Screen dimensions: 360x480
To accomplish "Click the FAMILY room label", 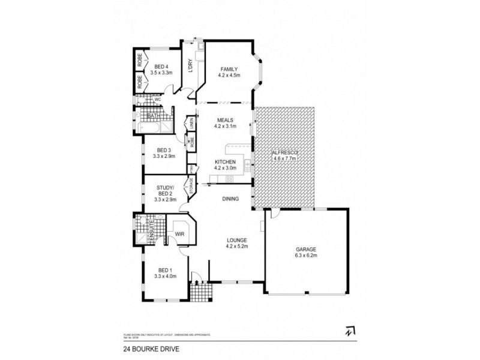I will [229, 68].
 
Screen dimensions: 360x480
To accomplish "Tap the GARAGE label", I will [305, 249].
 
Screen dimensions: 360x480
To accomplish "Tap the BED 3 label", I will [163, 150].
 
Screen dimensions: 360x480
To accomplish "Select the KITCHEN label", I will [226, 162].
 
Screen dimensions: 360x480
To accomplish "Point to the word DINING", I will [230, 199].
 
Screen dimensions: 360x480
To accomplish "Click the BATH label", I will [152, 115].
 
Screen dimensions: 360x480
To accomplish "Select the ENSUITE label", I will [152, 230].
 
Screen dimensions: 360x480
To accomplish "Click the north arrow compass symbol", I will [349, 329].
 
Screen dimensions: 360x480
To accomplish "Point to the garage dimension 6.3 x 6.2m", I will [305, 256].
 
